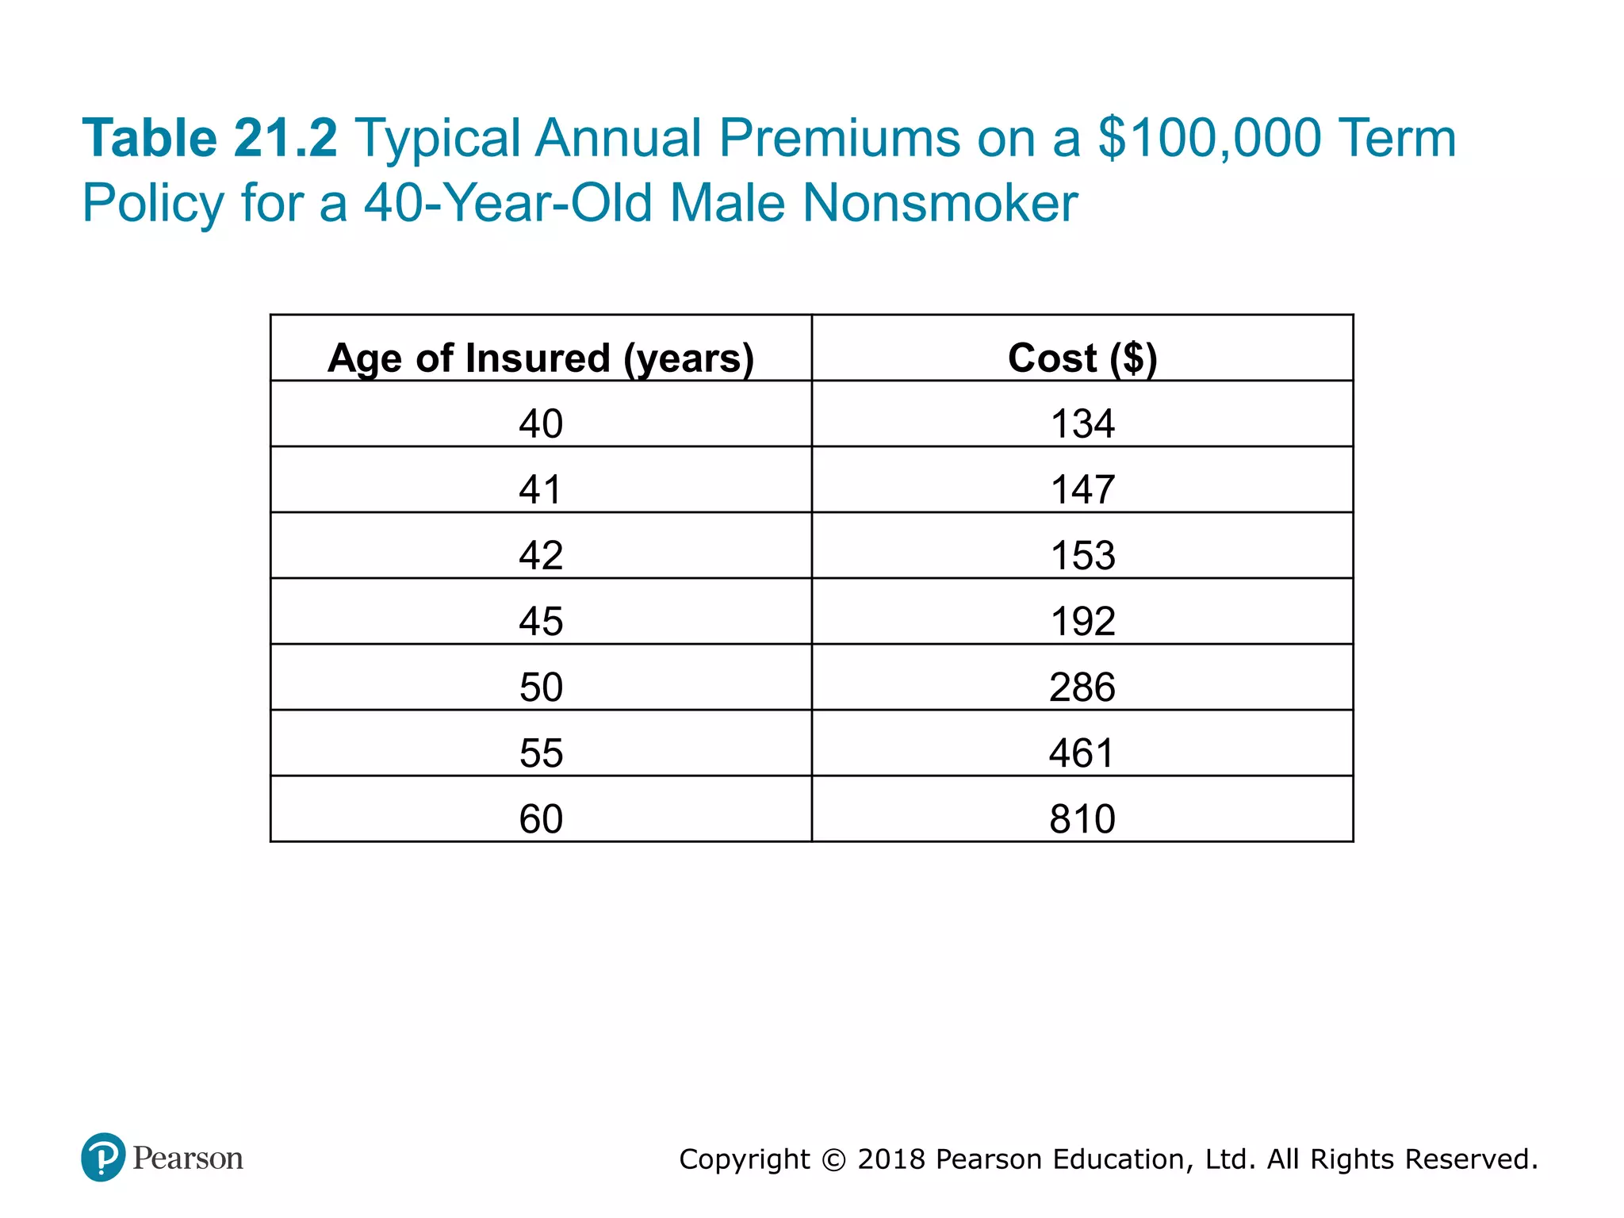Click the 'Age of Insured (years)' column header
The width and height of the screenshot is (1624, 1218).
click(541, 358)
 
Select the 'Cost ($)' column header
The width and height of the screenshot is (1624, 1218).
click(1082, 358)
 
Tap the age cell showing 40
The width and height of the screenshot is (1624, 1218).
click(541, 423)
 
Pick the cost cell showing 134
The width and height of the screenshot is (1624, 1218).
click(1082, 423)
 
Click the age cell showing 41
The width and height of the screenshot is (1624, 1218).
click(541, 489)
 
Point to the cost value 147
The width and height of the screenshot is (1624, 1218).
click(1082, 489)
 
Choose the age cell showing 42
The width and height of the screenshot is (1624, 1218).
click(541, 555)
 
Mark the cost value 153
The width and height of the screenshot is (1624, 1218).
click(1082, 555)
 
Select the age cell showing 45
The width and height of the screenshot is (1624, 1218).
click(541, 621)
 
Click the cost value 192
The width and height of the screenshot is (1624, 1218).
click(1082, 621)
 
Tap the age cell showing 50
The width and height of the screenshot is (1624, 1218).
click(541, 687)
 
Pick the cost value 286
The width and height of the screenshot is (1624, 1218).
click(1082, 687)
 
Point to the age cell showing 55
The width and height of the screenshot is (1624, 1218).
click(541, 753)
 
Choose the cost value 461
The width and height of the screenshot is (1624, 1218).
click(1082, 753)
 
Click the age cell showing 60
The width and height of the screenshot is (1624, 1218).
click(541, 818)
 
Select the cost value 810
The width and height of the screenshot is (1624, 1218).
click(1082, 818)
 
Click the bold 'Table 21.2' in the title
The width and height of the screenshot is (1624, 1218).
click(210, 138)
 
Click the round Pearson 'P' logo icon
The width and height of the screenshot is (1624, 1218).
click(103, 1157)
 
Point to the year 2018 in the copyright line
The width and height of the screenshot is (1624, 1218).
click(891, 1159)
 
